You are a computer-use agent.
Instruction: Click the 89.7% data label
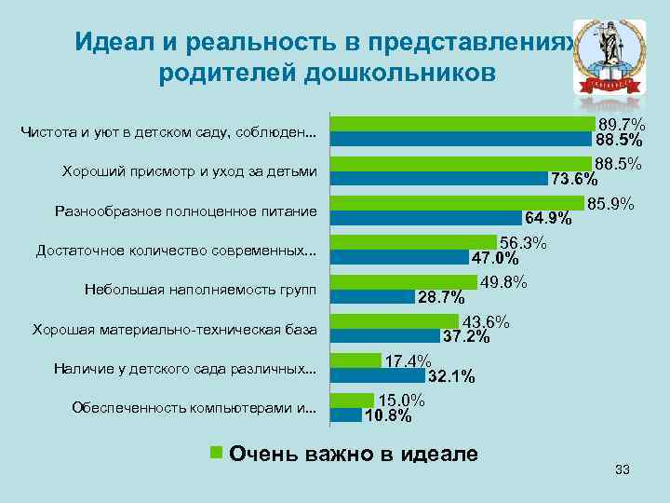point(622,125)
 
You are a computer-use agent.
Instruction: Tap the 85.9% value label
point(610,203)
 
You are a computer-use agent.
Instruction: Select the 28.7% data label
point(441,298)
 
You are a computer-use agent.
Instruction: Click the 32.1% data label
point(451,377)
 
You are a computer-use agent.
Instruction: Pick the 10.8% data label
point(387,416)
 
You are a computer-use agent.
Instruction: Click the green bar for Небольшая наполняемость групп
point(405,282)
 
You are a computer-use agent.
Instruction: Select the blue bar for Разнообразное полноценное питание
point(428,219)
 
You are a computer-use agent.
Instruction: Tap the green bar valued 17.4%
point(356,360)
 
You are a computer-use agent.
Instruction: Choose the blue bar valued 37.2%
point(385,336)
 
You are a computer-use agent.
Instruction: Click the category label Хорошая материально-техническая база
point(174,331)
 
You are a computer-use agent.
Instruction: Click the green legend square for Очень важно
point(216,453)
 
